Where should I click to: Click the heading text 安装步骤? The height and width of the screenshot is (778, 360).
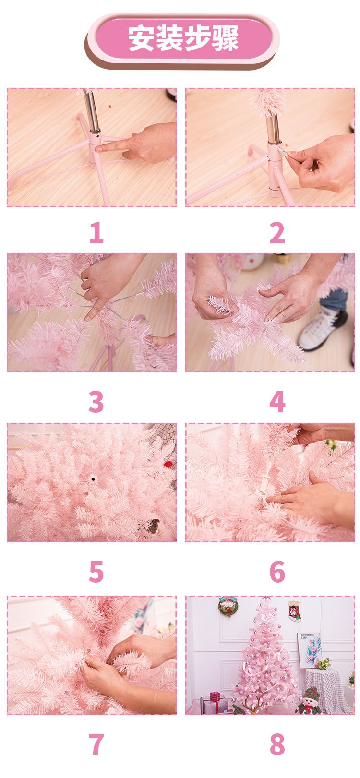[183, 38]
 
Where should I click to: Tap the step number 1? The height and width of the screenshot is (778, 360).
[96, 233]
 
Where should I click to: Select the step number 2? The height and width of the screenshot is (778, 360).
[277, 233]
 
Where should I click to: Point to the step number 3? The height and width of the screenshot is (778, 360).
[96, 402]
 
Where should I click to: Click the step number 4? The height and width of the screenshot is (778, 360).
[277, 402]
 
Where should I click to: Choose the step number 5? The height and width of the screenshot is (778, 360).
[96, 571]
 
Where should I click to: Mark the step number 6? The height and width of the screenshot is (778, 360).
[277, 571]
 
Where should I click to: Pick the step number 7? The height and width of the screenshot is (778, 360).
[96, 744]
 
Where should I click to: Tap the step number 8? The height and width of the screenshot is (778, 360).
[277, 744]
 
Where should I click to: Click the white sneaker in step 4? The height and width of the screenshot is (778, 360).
[322, 329]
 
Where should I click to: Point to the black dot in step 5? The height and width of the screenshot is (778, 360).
[93, 479]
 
